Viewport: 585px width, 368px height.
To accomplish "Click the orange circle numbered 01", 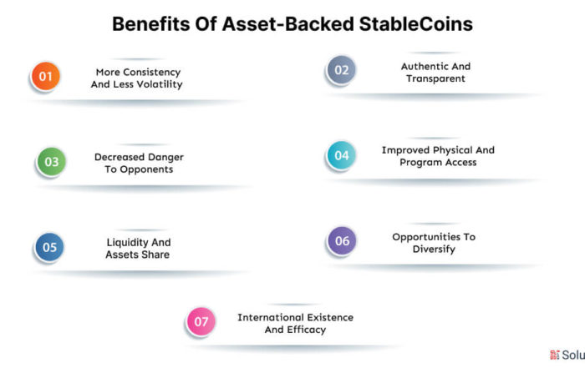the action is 45,77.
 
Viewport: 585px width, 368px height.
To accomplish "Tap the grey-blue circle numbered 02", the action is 341,70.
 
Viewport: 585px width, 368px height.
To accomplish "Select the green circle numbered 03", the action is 52,162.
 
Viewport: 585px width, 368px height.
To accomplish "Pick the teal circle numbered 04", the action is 341,155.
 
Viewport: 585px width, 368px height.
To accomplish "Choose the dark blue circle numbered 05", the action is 49,247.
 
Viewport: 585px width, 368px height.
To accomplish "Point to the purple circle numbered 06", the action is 342,240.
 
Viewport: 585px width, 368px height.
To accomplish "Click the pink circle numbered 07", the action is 201,321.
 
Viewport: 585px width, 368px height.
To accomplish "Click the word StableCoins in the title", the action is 416,24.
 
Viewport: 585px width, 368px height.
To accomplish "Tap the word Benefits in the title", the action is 151,24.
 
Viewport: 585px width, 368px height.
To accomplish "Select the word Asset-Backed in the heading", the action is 287,24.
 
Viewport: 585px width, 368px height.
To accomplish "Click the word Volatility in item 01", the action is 160,84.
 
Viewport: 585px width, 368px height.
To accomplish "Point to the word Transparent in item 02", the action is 435,78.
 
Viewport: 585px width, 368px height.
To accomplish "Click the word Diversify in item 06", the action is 434,250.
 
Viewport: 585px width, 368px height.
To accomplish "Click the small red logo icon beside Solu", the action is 555,355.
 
